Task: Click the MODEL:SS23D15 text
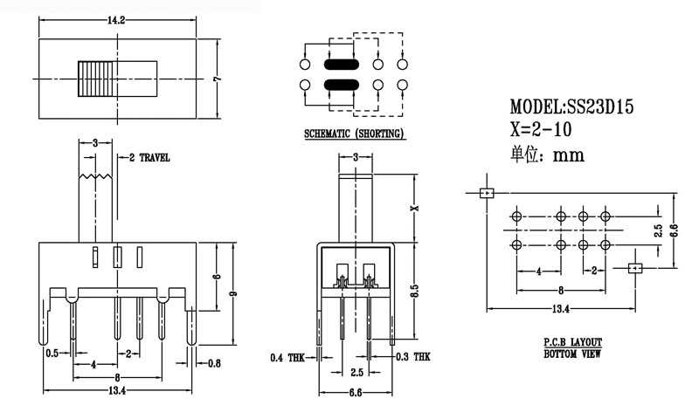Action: [x=571, y=107]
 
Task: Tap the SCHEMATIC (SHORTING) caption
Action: [x=354, y=134]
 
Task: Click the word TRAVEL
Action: [x=154, y=158]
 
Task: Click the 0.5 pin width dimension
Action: [x=52, y=353]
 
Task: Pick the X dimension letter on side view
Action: [x=416, y=208]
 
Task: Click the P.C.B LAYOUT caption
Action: [x=572, y=343]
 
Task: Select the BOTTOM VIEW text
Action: [x=572, y=354]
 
